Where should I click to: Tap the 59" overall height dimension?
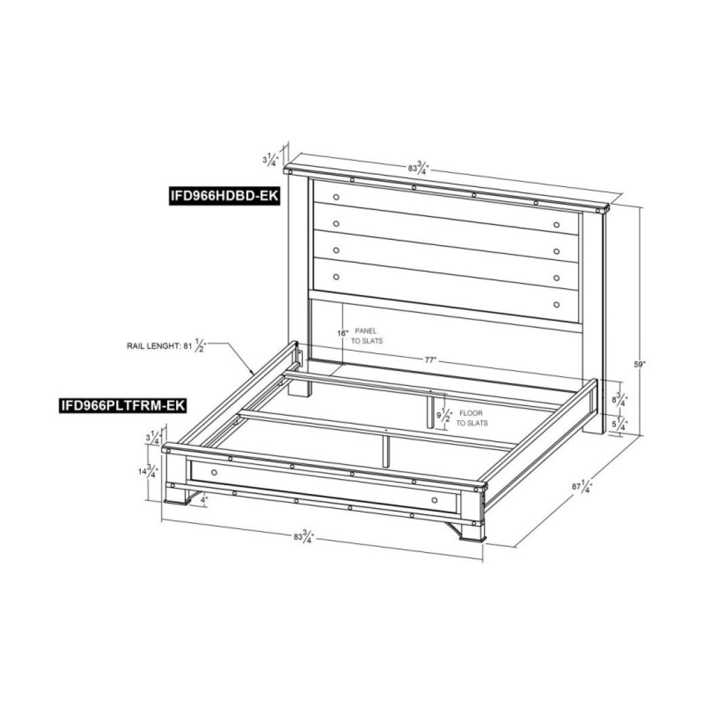pos(639,364)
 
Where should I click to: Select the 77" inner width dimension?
pos(431,360)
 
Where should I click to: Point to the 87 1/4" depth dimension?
pos(585,486)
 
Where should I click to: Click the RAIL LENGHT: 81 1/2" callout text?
pos(168,346)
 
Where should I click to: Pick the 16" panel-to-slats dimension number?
pos(343,333)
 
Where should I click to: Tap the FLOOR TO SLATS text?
pos(473,418)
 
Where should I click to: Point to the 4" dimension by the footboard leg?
pos(203,499)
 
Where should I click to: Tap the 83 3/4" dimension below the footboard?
pos(304,537)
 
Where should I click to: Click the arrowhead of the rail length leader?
pos(253,374)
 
